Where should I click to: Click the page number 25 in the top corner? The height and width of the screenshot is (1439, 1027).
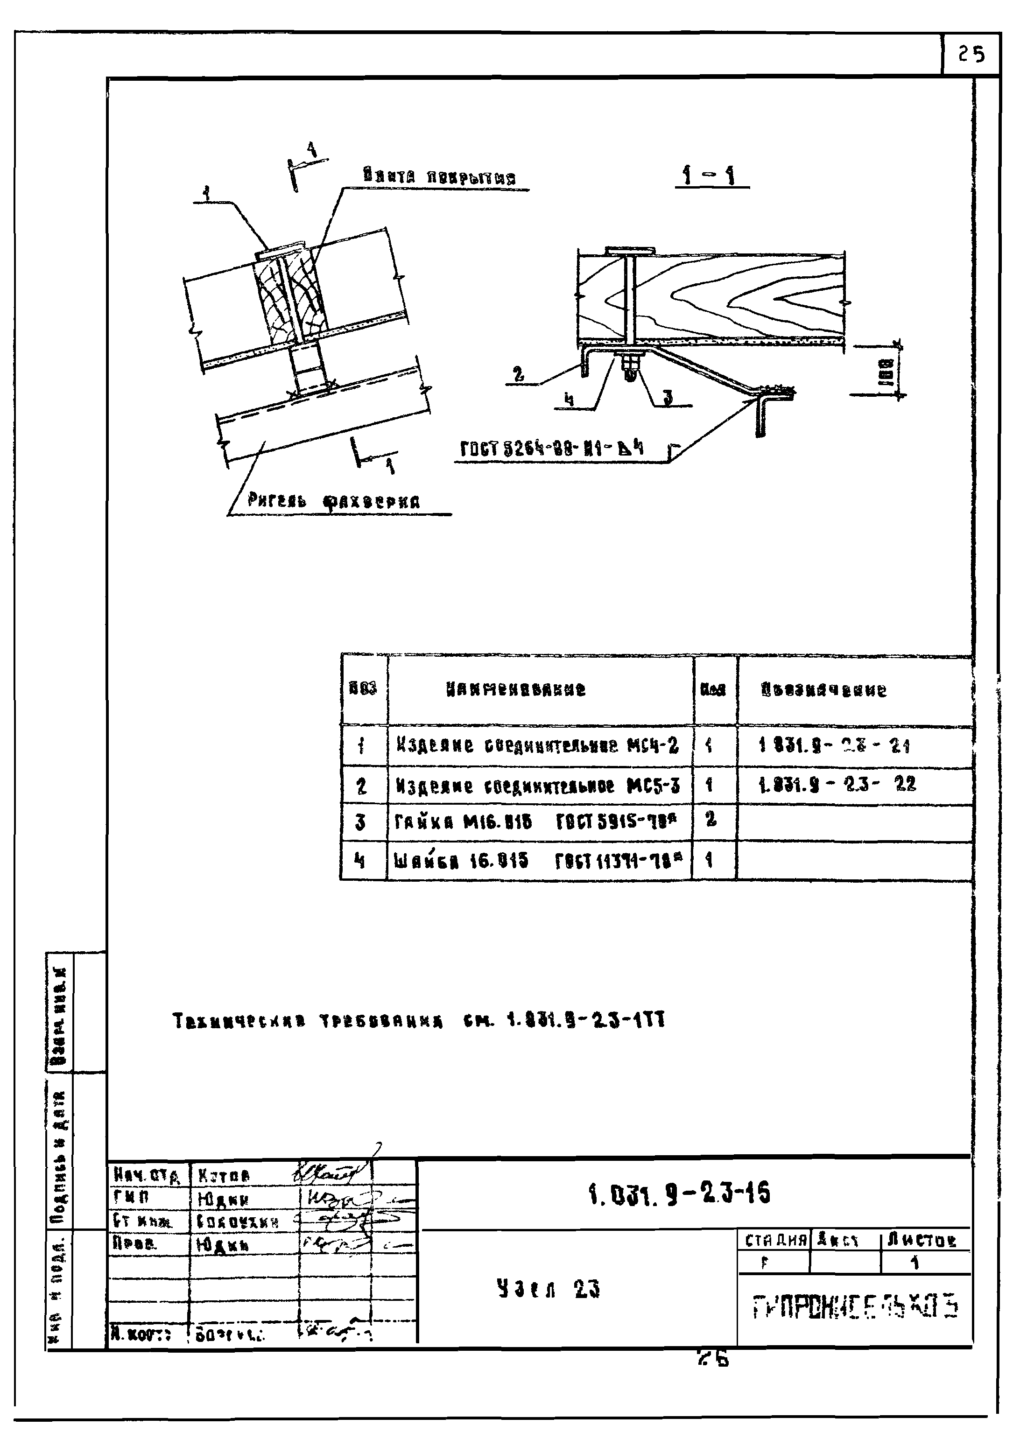971,55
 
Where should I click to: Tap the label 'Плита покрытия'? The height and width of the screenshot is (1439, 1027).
440,176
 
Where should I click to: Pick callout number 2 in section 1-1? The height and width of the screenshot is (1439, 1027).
519,374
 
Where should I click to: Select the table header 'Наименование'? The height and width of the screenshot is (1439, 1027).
516,689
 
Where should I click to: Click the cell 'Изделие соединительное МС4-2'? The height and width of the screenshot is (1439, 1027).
537,746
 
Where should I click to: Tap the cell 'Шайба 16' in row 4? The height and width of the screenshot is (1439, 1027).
461,861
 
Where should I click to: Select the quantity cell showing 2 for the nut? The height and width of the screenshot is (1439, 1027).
711,820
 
